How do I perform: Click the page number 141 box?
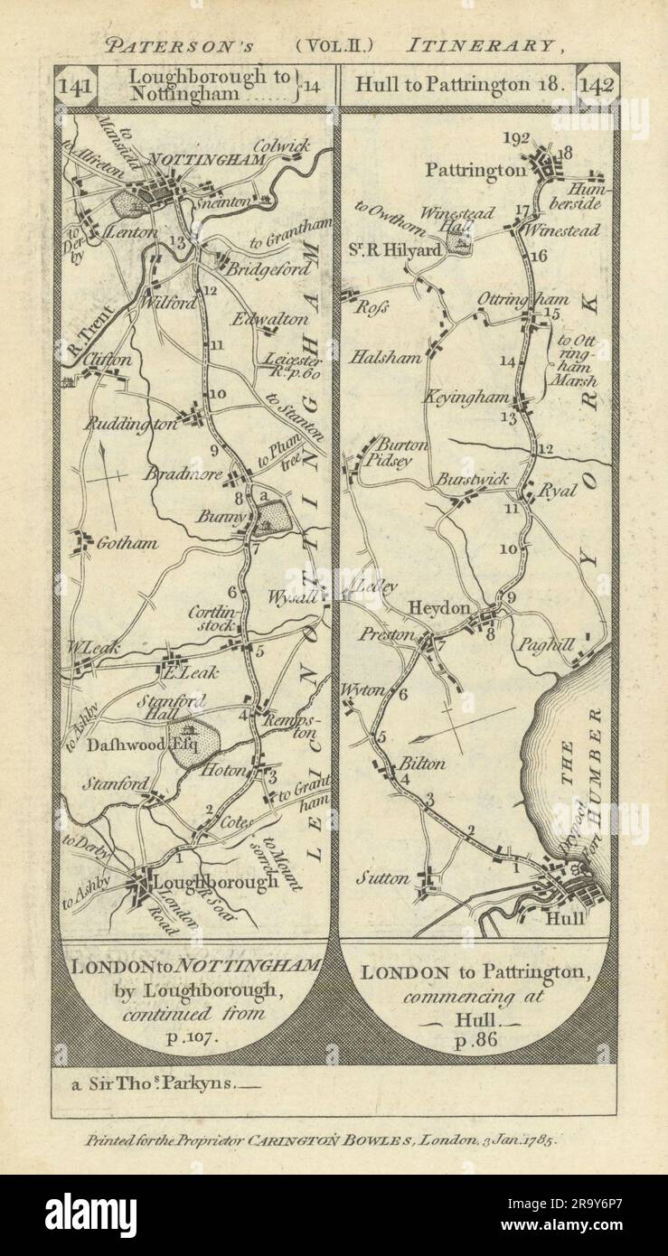[74, 87]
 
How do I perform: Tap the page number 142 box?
[597, 87]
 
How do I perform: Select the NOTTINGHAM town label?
[219, 160]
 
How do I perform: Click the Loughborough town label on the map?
[217, 882]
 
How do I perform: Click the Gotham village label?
[127, 543]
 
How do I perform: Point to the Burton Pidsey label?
[397, 452]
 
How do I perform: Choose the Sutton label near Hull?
[388, 877]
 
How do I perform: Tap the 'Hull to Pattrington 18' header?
[460, 87]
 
